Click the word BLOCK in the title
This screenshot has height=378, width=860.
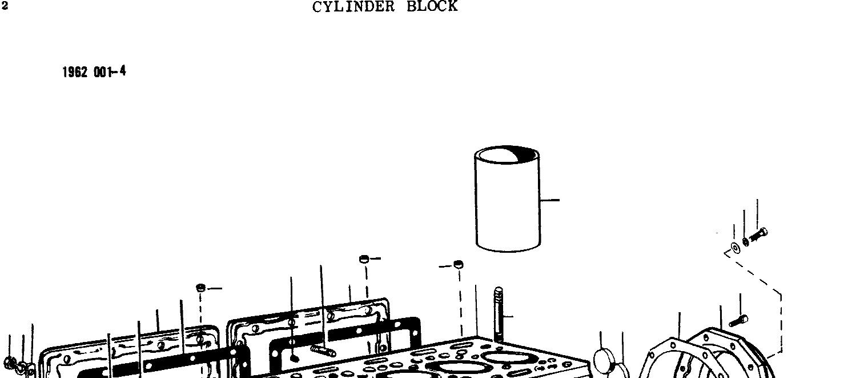click(432, 7)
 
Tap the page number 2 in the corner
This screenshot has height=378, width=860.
click(5, 7)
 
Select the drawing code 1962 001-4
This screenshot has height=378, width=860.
click(94, 72)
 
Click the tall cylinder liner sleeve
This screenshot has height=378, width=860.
click(507, 206)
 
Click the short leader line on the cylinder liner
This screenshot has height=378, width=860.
click(550, 200)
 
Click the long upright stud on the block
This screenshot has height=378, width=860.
click(499, 315)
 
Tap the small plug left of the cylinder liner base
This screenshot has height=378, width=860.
click(458, 264)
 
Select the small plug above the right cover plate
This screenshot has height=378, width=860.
click(364, 259)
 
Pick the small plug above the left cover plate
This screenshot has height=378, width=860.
click(200, 287)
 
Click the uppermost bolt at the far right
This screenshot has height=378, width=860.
click(760, 234)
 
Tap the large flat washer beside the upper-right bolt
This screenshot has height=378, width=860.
click(734, 248)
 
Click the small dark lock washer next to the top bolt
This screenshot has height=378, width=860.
click(746, 241)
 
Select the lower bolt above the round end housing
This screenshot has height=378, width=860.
click(738, 320)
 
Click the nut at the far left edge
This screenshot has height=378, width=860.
click(10, 362)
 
